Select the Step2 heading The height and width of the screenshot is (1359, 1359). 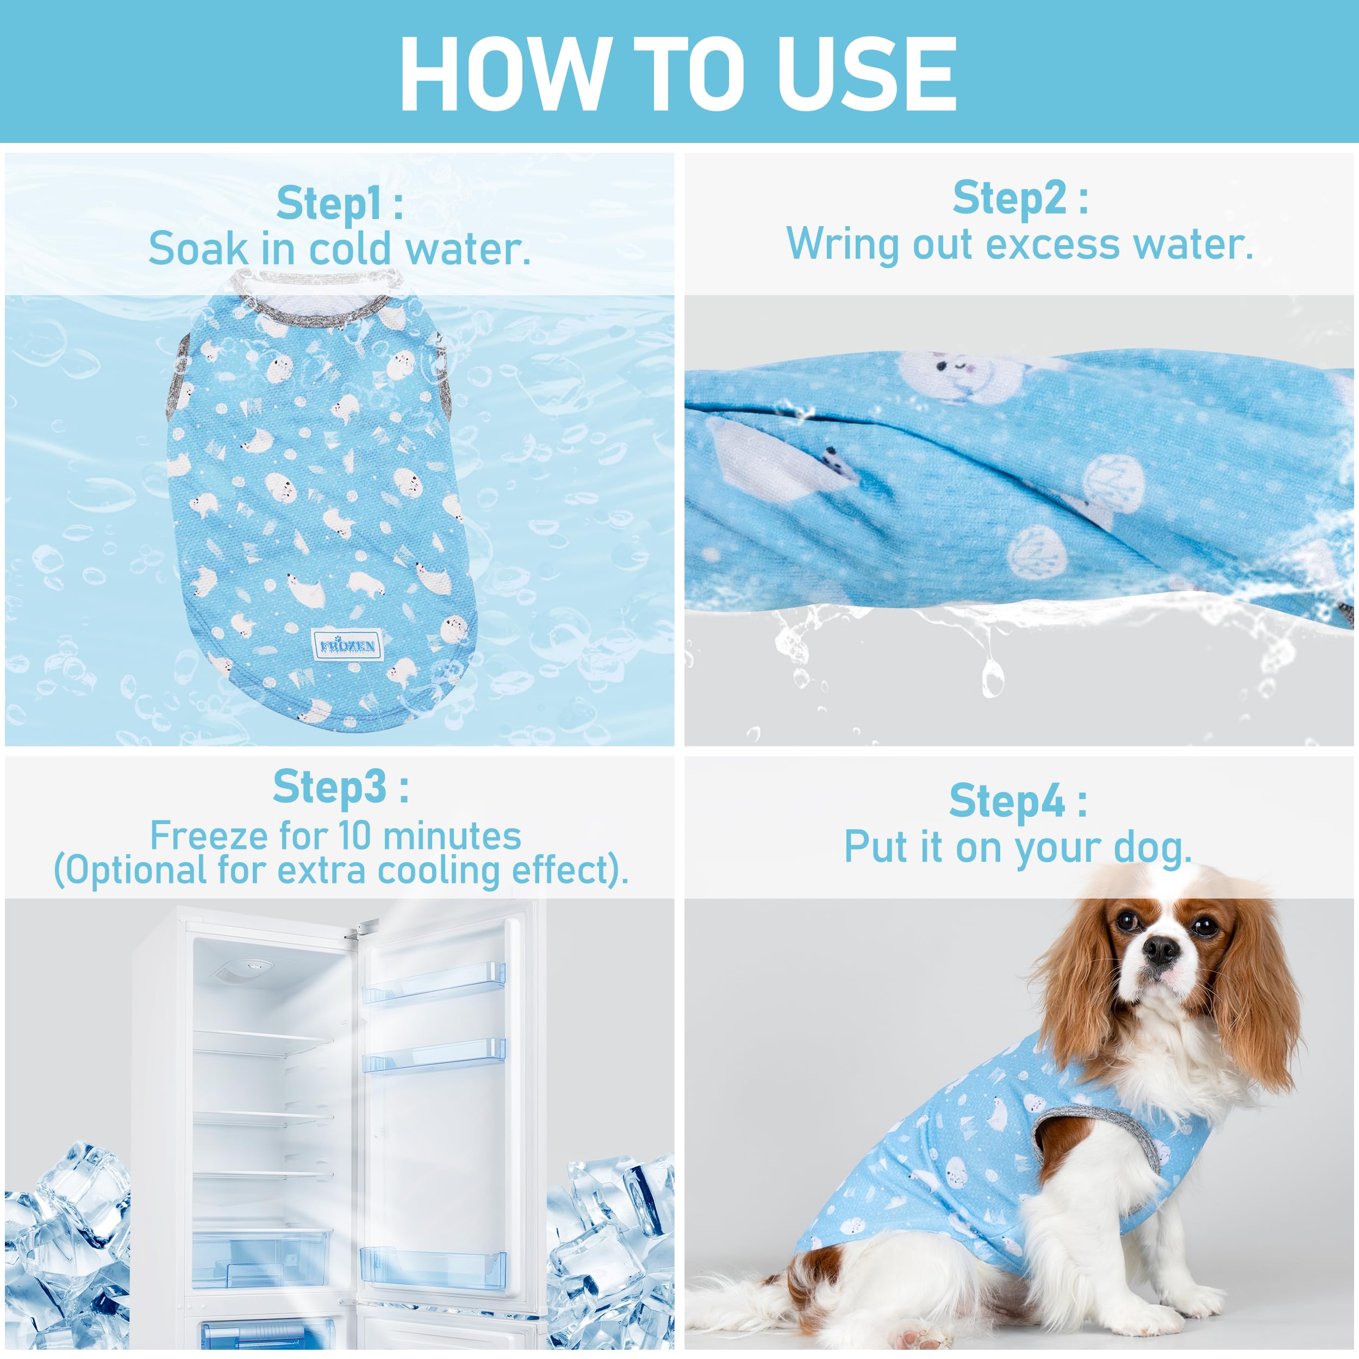coord(1020,198)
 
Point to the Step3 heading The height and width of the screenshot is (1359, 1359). coord(340,787)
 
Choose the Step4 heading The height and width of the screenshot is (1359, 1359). coord(1018,801)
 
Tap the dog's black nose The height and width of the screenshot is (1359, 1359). coord(1161,950)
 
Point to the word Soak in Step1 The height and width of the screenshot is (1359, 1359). coord(199,249)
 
